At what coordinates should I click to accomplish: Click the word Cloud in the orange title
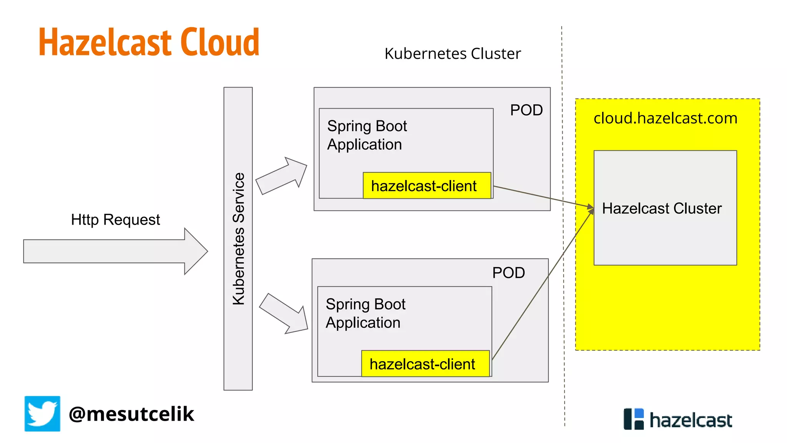point(220,42)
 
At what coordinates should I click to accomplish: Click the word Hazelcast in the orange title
point(105,42)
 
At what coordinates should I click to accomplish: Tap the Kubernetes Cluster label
point(452,54)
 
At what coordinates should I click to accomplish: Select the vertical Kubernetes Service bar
point(238,238)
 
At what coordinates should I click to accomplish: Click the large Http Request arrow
point(115,251)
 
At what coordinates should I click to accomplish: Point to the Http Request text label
point(115,220)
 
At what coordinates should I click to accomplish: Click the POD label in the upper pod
point(526,110)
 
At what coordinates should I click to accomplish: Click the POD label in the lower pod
point(508,273)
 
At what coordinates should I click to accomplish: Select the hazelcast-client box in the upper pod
point(427,186)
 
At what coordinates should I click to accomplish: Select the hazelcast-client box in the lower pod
point(425,364)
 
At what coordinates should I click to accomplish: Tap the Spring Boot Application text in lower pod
point(365,313)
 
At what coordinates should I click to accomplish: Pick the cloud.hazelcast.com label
point(665,118)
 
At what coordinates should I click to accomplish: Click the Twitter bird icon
point(42,414)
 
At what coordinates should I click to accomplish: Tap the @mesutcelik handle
point(131,414)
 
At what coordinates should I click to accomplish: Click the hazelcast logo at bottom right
point(677,420)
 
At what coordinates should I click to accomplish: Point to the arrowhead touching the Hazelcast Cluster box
point(591,208)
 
